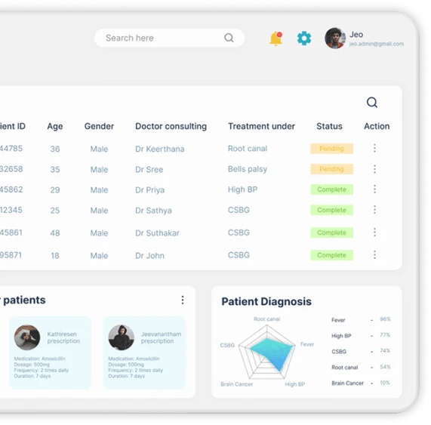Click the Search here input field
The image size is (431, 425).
pyautogui.click(x=162, y=38)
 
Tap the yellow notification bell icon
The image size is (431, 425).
pyautogui.click(x=276, y=38)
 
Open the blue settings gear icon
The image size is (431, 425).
pyautogui.click(x=304, y=38)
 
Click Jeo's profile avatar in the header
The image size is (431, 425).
pyautogui.click(x=335, y=38)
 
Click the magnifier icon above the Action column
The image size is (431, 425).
pyautogui.click(x=372, y=103)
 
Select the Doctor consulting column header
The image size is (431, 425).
pyautogui.click(x=171, y=126)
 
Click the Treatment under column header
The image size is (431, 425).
pyautogui.click(x=261, y=126)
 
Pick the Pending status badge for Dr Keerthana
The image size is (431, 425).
pyautogui.click(x=331, y=149)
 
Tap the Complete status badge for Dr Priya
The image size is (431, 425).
pyautogui.click(x=331, y=189)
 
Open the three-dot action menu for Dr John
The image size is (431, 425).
pyautogui.click(x=374, y=255)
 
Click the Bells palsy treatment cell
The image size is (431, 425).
pyautogui.click(x=248, y=169)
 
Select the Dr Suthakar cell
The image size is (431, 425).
pyautogui.click(x=157, y=233)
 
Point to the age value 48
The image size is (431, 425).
pyautogui.click(x=55, y=233)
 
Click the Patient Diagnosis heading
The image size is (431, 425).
pyautogui.click(x=266, y=301)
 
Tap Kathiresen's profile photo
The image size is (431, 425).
pyautogui.click(x=27, y=337)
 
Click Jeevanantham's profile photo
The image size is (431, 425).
pyautogui.click(x=121, y=337)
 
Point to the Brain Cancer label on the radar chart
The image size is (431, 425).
pyautogui.click(x=236, y=384)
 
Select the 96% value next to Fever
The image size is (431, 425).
pyautogui.click(x=385, y=319)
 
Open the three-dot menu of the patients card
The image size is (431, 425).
pyautogui.click(x=183, y=300)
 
